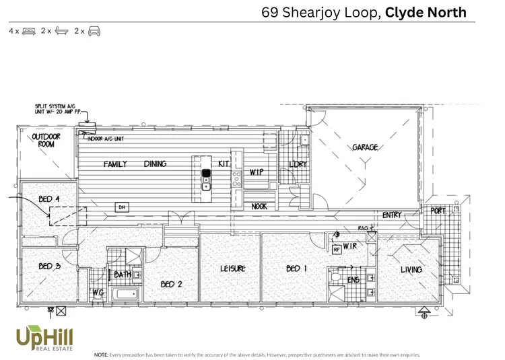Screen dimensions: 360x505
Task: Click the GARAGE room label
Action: click(365, 147)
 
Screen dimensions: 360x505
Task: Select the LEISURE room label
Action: click(232, 268)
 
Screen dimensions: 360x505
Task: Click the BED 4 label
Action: click(49, 199)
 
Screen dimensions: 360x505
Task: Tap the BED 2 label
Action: click(171, 285)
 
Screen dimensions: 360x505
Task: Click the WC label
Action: click(97, 292)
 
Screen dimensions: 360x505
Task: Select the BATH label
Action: click(123, 275)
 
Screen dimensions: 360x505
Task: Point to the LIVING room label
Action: click(411, 270)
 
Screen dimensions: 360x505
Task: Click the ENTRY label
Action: click(392, 215)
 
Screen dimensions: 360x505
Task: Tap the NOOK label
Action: click(260, 207)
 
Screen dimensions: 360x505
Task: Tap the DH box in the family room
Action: click(123, 207)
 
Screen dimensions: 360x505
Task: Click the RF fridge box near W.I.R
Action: click(337, 250)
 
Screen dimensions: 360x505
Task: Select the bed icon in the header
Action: click(28, 31)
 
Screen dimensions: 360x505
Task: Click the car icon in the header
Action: click(94, 31)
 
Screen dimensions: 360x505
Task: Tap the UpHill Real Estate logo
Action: click(45, 336)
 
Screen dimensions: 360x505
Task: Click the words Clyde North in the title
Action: click(426, 11)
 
